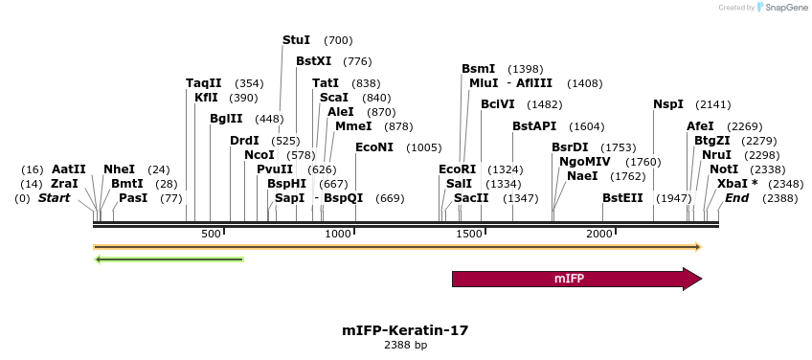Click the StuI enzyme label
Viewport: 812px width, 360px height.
coord(296,40)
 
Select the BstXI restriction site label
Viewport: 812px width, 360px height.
coord(313,61)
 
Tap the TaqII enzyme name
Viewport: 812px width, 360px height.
coord(203,83)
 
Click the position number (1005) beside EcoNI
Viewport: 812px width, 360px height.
coord(423,147)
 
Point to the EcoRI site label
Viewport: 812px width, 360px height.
coord(457,169)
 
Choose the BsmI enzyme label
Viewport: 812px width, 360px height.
coord(478,69)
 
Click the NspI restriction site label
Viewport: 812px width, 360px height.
coord(668,104)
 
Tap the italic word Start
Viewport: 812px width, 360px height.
coord(54,198)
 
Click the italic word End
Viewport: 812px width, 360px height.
coord(736,198)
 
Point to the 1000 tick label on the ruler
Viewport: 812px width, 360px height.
coord(338,235)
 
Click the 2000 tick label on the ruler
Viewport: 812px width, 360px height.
coord(598,235)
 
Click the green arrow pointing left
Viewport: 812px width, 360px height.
coord(169,259)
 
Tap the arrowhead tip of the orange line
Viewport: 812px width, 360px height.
coord(699,247)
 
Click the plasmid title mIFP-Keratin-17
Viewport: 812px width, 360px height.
coord(405,330)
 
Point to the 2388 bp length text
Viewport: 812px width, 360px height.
coord(405,345)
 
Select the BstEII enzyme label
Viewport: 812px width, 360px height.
coord(622,198)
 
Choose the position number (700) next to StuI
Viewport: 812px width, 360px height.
coord(338,40)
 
